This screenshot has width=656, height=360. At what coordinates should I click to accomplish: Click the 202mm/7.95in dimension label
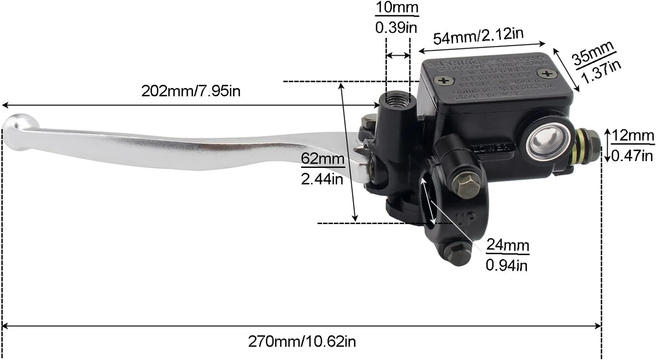(191, 91)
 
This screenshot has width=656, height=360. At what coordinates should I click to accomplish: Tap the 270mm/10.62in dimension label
(302, 342)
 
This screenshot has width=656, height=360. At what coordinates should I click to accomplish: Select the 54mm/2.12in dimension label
(478, 36)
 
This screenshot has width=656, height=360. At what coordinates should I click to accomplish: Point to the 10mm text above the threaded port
(397, 8)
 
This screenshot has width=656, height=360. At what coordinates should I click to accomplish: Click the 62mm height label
(323, 159)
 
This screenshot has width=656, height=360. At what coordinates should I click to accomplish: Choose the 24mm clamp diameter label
(508, 246)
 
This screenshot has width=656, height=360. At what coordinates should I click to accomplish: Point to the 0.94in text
(507, 266)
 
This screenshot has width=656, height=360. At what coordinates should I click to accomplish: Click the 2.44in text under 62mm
(323, 180)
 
